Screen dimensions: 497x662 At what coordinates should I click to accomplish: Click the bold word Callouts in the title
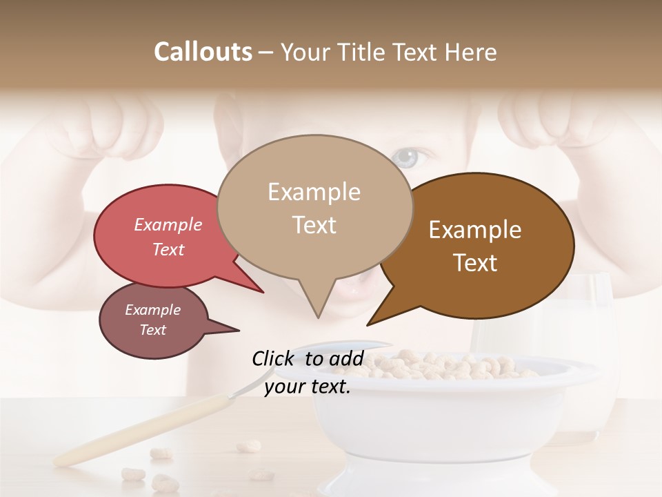point(203,52)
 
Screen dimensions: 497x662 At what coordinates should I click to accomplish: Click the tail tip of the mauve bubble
point(238,331)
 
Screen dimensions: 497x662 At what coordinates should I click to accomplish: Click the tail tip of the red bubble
point(262,291)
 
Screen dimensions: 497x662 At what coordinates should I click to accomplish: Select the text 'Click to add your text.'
point(308,372)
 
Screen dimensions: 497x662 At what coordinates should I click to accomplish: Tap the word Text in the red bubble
point(168,249)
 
